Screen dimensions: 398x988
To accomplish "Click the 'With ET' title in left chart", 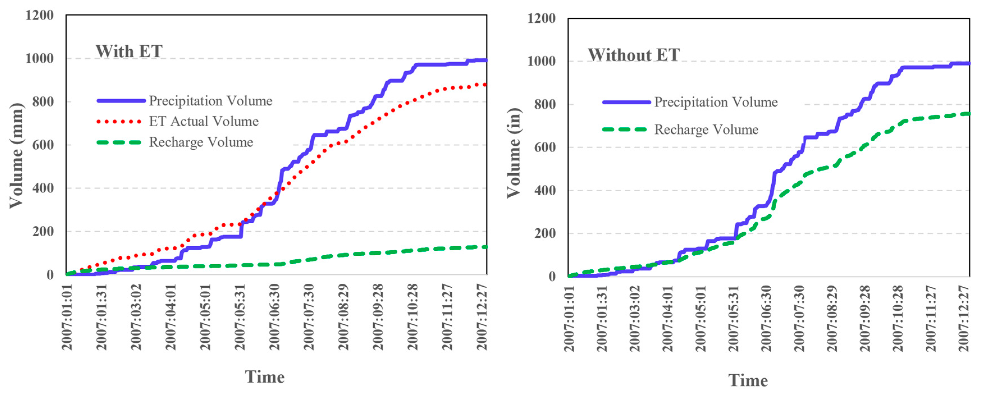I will pos(129,51).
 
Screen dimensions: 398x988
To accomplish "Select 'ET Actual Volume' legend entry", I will pos(204,121).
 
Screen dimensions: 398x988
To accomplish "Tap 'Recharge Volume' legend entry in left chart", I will pos(201,142).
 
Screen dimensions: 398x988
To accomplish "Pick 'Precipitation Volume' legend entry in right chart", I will pos(716,102).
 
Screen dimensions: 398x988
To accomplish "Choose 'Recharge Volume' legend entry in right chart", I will pos(706,130).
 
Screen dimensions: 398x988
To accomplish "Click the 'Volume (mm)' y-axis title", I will pos(16,155).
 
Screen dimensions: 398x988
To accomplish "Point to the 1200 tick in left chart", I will pos(40,15).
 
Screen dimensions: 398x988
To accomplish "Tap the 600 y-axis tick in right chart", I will pos(545,147).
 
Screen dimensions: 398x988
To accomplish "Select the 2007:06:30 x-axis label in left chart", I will pos(275,317).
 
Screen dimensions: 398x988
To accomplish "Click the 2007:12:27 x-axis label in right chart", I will pos(964,318).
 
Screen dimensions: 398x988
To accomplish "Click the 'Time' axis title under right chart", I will pos(748,380).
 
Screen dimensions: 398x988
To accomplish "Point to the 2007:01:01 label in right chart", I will pos(569,318).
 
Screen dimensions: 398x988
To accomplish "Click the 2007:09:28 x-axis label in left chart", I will pos(378,317).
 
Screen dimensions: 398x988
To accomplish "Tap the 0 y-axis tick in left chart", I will pos(50,275).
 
